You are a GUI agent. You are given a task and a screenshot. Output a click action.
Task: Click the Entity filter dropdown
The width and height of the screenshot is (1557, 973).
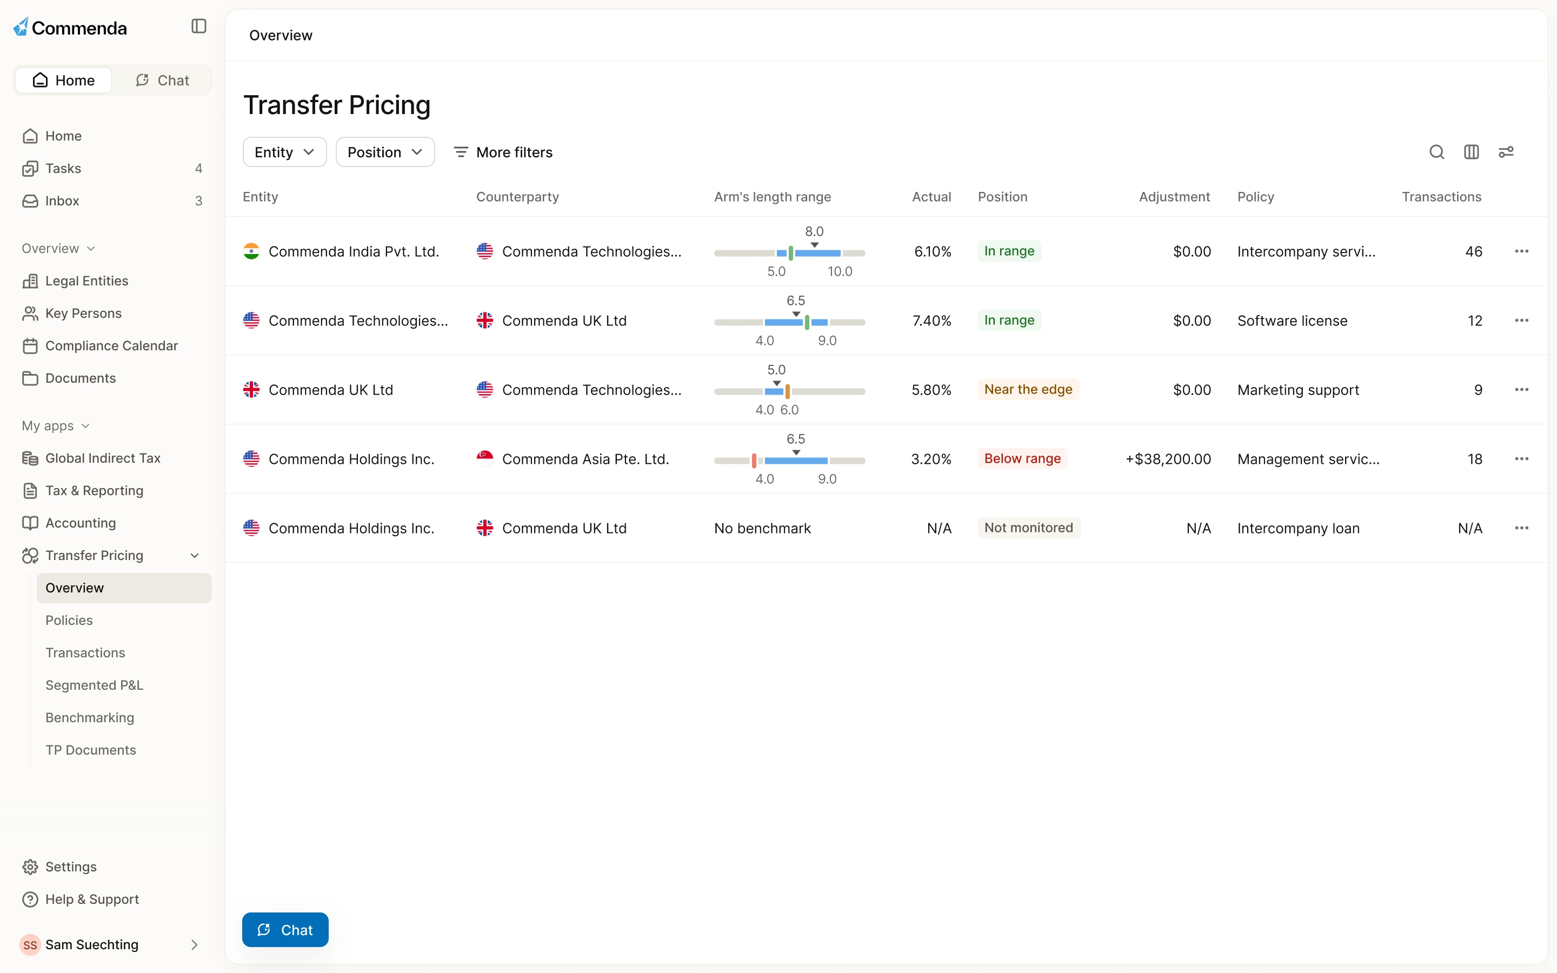[284, 152]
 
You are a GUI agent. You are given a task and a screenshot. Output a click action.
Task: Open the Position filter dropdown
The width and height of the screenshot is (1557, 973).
[385, 152]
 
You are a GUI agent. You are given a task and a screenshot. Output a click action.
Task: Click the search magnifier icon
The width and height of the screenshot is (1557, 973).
[1436, 152]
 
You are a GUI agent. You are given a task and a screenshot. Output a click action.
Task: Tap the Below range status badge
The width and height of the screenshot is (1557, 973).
[1022, 459]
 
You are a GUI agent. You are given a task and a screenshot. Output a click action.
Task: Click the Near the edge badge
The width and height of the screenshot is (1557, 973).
[1028, 389]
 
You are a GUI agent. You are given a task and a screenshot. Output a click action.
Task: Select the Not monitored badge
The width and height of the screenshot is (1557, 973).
[1029, 528]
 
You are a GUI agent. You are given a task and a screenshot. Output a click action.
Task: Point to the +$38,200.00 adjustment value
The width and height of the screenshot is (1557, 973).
[1168, 459]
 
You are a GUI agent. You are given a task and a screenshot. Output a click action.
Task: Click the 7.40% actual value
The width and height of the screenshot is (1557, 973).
[931, 321]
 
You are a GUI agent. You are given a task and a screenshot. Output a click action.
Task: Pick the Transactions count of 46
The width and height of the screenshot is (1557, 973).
[1473, 251]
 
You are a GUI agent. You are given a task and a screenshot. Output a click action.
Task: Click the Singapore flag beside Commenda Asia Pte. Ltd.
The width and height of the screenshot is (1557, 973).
[484, 459]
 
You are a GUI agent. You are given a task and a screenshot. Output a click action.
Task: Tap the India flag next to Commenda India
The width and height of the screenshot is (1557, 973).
[251, 251]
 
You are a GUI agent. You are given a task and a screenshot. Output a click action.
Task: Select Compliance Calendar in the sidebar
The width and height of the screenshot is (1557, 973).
[111, 345]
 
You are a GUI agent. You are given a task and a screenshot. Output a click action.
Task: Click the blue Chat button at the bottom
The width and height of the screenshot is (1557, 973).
[285, 930]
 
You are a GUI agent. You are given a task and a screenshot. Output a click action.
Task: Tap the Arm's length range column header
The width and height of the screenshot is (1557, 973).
[772, 197]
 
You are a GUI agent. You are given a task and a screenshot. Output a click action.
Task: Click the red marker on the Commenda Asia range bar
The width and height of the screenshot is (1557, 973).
[754, 460]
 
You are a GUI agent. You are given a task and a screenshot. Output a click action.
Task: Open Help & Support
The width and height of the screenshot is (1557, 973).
[92, 899]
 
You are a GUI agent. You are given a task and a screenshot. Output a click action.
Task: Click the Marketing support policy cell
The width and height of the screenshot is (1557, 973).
[1297, 390]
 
